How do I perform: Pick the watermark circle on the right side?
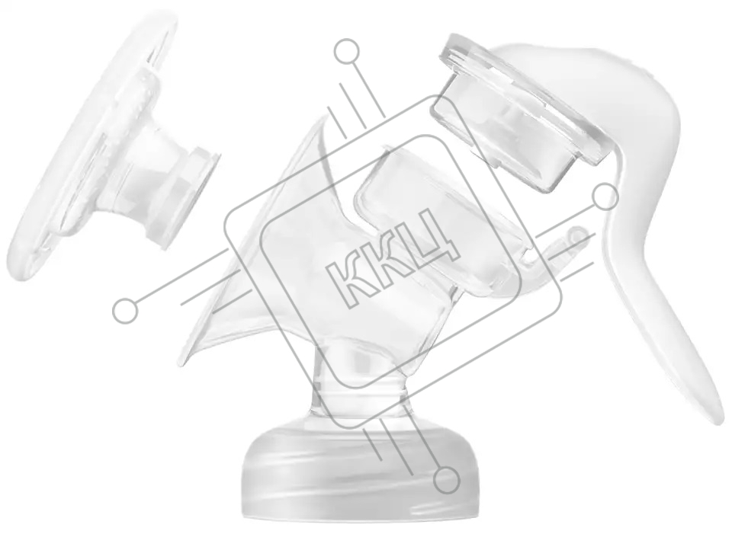pyautogui.click(x=605, y=197)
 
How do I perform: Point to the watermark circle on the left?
pyautogui.click(x=125, y=311)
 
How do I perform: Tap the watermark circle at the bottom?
pyautogui.click(x=447, y=480)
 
